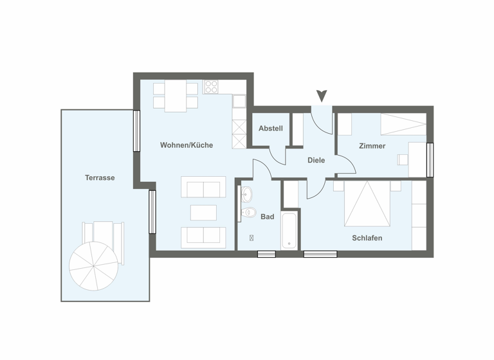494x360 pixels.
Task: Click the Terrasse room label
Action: coord(100,177)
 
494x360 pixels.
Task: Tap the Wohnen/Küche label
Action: coord(187,145)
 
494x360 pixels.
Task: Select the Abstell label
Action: coord(270,129)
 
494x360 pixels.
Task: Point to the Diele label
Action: coord(316,161)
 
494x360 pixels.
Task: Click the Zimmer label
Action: coord(372,146)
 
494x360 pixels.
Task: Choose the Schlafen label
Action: coord(367,238)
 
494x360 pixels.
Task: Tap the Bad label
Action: coord(267,217)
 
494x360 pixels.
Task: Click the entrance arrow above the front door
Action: coord(322,96)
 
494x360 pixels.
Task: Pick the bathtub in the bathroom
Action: coord(290,229)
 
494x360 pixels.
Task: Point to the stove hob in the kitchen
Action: coord(212,87)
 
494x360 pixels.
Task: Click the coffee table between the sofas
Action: coord(203,212)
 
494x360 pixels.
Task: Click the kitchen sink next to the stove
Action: coord(239,101)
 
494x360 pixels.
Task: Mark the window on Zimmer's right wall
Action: coord(430,160)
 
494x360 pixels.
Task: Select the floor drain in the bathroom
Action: coord(251,238)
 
